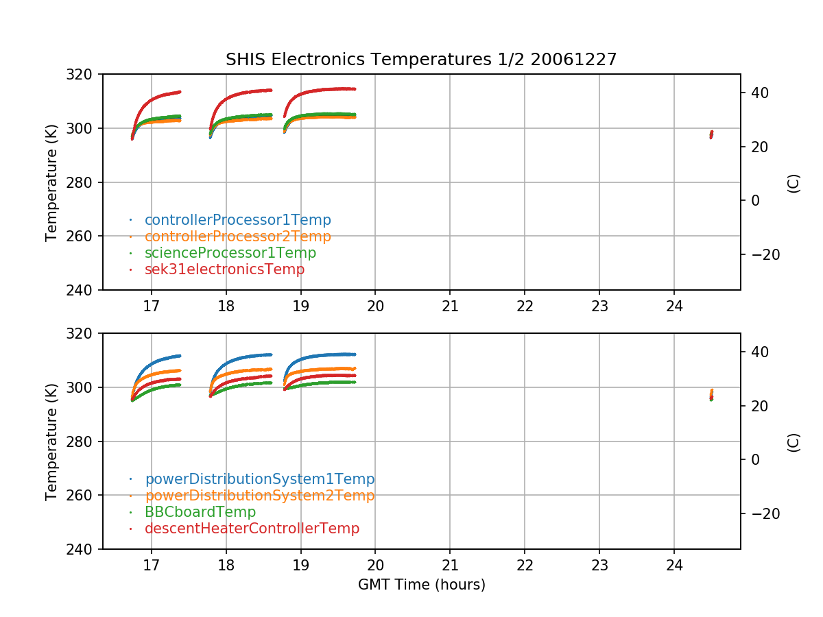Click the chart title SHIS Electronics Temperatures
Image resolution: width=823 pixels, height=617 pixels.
(421, 60)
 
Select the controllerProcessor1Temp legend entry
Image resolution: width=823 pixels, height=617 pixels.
(237, 220)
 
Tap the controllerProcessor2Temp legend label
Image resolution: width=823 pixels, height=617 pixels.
(237, 237)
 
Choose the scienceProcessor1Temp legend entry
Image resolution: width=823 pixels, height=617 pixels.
(230, 253)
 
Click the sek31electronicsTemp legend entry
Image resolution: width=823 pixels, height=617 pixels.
(224, 269)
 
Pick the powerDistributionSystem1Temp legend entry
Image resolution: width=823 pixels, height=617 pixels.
(259, 479)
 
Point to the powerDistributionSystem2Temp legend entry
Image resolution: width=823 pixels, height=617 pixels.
(259, 496)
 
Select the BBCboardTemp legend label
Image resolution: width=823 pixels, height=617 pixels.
(200, 512)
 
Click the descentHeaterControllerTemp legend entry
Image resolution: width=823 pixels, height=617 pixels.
(252, 529)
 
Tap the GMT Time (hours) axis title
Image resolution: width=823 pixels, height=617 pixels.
(421, 585)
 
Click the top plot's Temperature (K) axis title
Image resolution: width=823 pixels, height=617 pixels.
(51, 182)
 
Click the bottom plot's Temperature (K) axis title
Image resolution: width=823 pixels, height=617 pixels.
(51, 441)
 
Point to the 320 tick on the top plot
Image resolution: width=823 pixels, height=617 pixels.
(84, 74)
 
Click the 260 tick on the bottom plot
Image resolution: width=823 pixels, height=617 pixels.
(84, 496)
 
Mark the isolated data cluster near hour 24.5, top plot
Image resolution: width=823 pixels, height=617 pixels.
(711, 134)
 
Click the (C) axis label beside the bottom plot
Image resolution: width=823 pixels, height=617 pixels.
(794, 441)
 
